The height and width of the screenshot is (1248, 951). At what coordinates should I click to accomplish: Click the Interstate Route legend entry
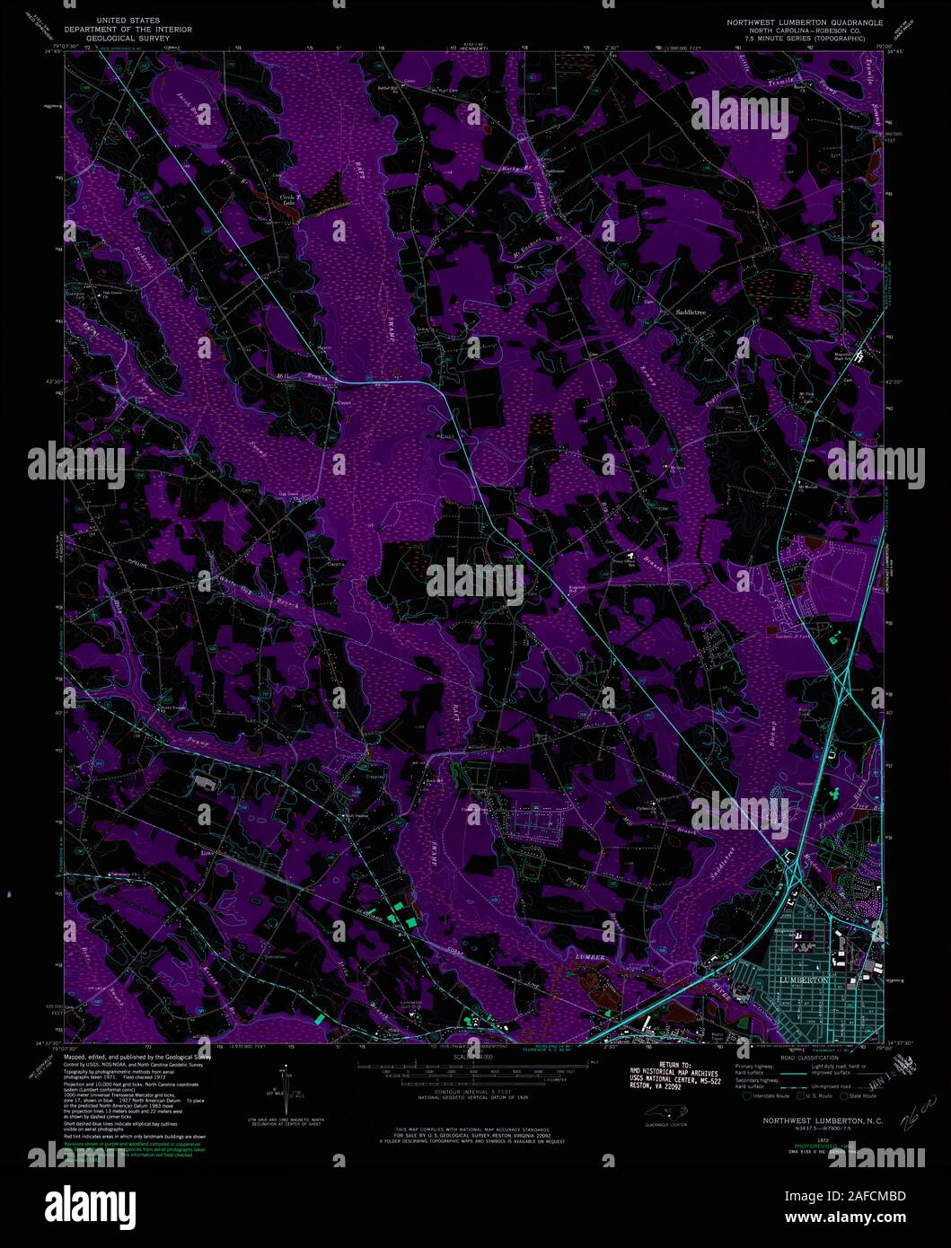tap(767, 1096)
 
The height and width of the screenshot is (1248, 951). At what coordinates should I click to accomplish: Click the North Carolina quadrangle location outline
tap(665, 1114)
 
